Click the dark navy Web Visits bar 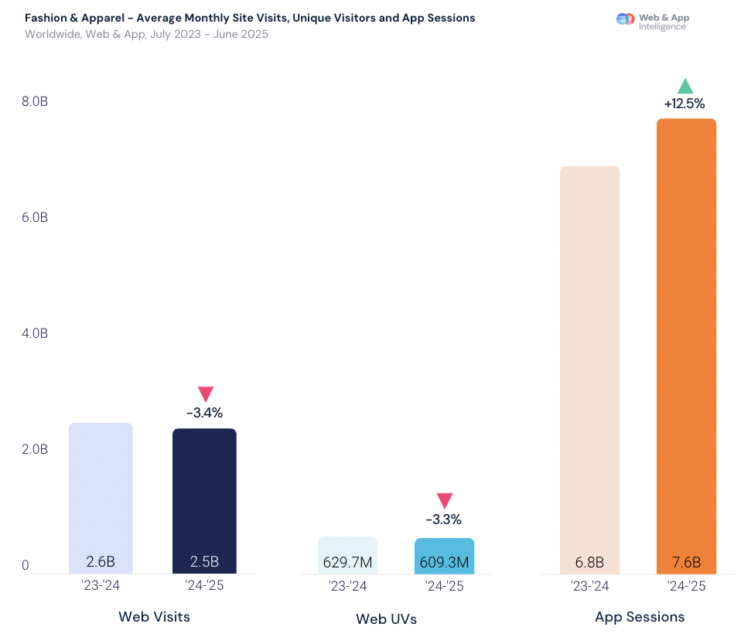coord(204,495)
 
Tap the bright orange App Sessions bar coord(686,340)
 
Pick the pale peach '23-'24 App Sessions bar coord(589,363)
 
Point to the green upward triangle coord(685,86)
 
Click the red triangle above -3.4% coord(205,394)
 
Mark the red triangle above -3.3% coord(445,501)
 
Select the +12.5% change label coord(685,104)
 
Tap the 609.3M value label coord(444,562)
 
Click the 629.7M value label coord(347,562)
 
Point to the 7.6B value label coord(686,562)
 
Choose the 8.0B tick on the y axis coord(35,102)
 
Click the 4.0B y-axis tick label coord(35,334)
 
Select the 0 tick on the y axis coord(26,566)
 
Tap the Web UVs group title coord(386,618)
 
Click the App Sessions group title coord(640,617)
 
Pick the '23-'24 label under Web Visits coord(101,586)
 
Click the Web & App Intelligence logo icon coord(625,19)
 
